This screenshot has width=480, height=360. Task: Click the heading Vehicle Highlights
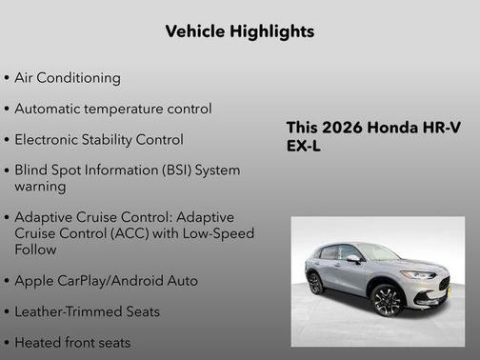[239, 31]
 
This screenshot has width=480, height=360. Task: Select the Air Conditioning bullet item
[67, 77]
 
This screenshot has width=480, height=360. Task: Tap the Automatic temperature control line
[112, 109]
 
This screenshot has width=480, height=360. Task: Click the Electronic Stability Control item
[98, 139]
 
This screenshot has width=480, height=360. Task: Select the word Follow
[35, 249]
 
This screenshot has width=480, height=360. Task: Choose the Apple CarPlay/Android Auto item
[106, 280]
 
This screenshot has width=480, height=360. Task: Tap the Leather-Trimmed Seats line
[87, 311]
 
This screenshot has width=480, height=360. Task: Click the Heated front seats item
[72, 342]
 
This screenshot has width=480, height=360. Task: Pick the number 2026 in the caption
[346, 129]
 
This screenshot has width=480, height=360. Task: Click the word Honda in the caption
[399, 129]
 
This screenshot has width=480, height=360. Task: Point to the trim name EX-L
[305, 147]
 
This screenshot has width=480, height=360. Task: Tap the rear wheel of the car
[315, 283]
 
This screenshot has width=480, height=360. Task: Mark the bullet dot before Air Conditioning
[7, 78]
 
